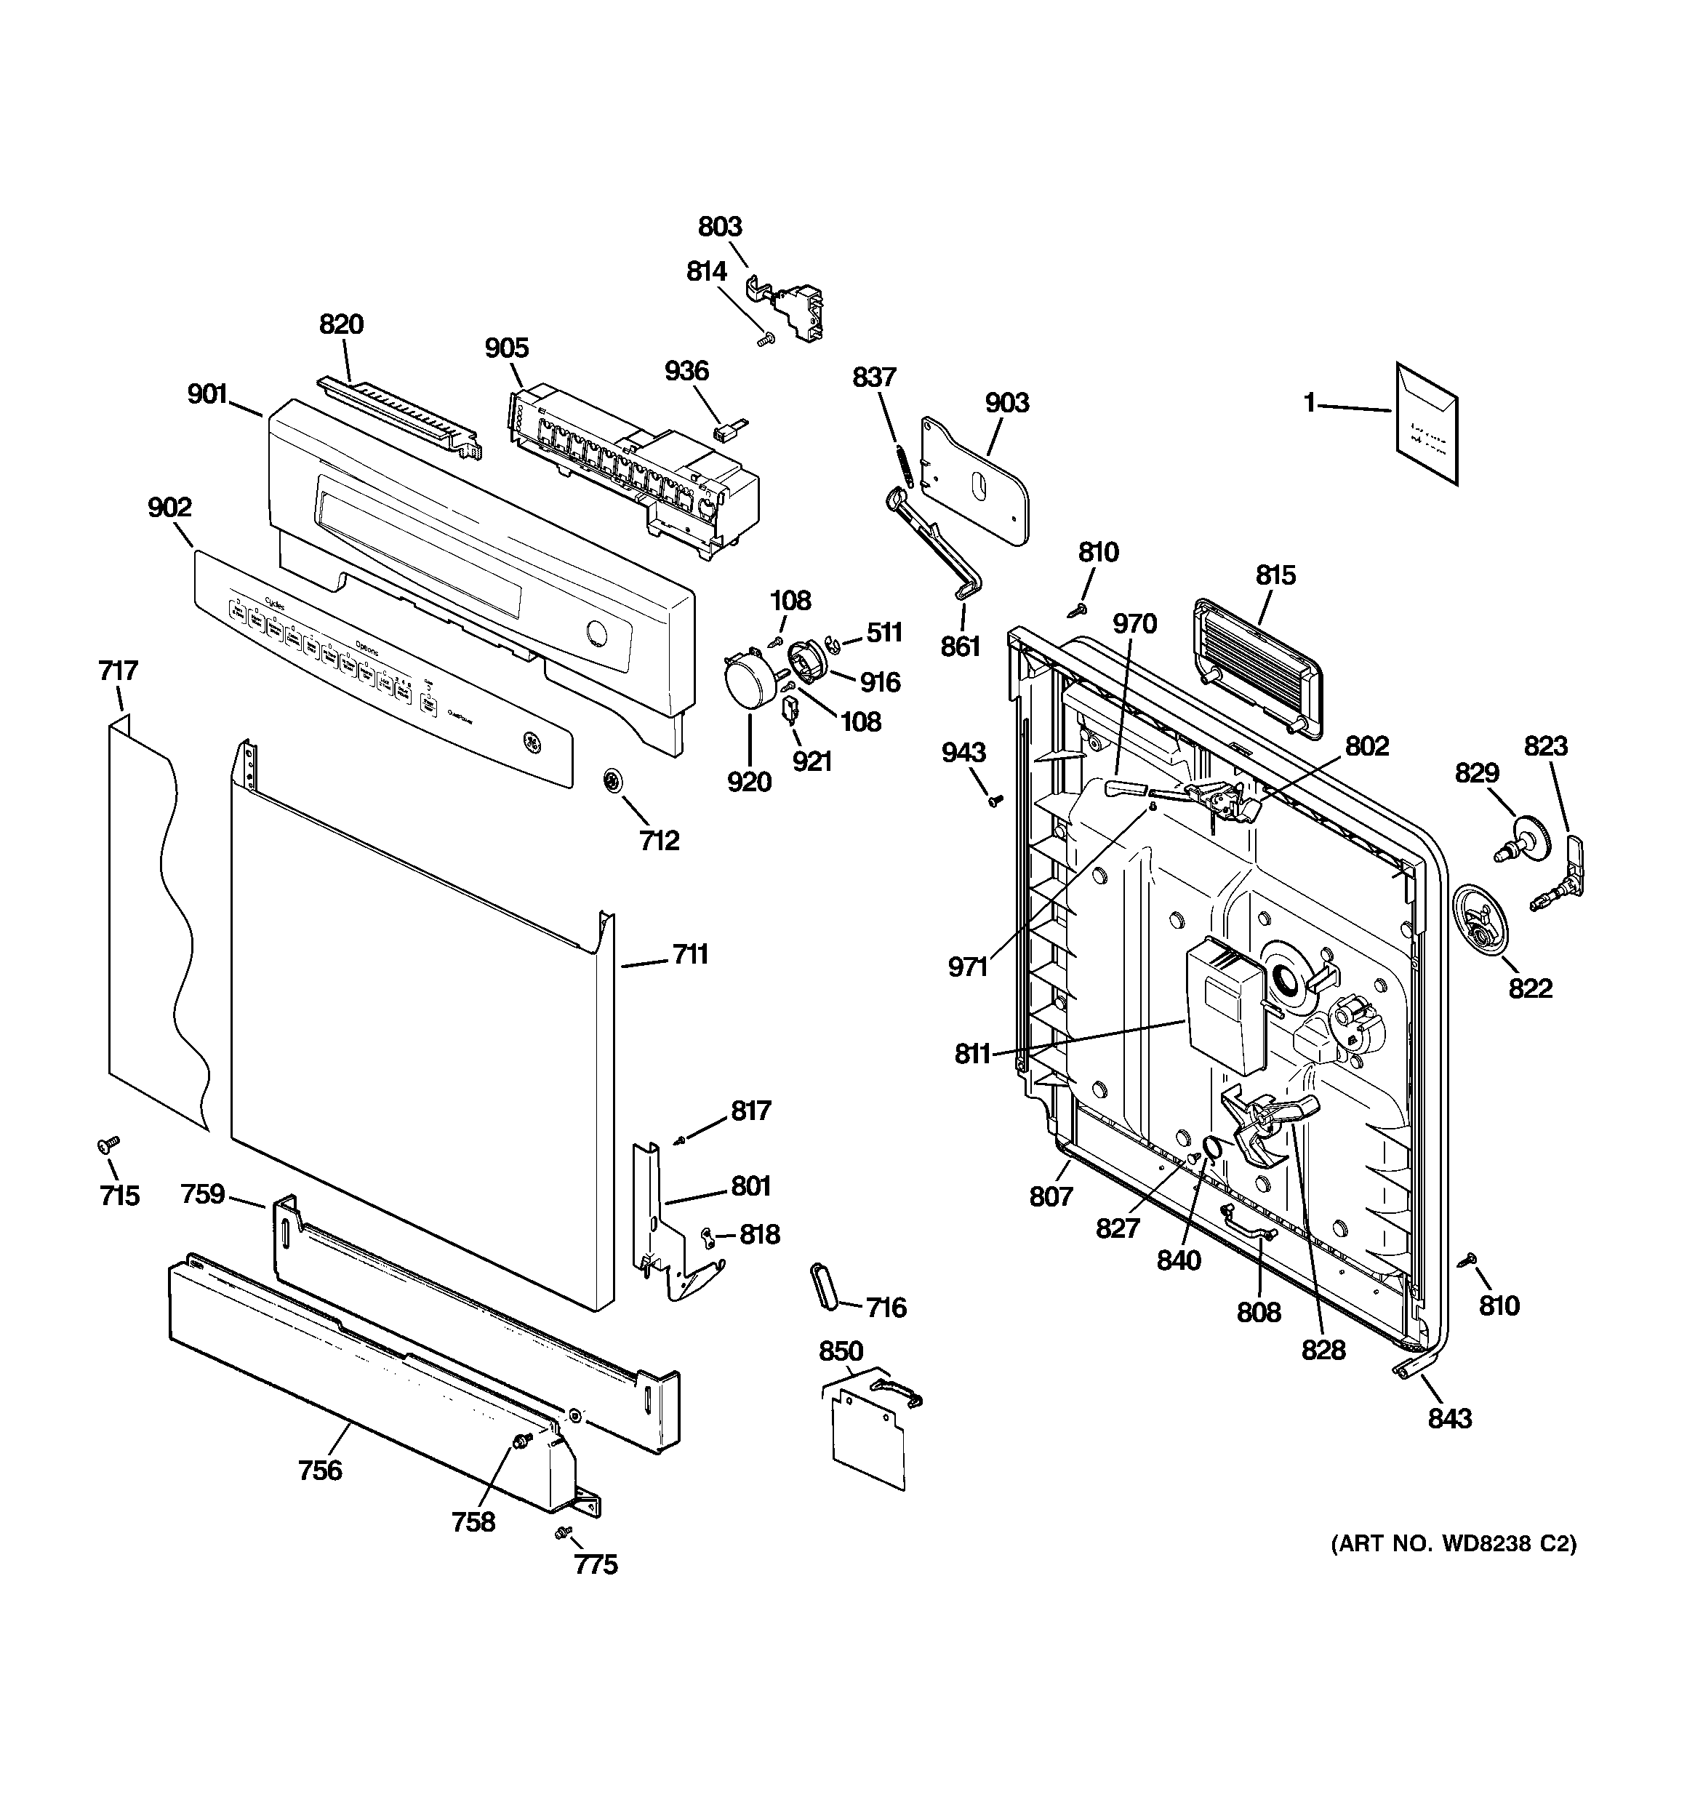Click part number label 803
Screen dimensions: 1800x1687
720,226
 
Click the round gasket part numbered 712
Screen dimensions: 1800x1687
614,780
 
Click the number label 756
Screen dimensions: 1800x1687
321,1470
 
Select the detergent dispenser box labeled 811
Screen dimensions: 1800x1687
1225,1004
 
